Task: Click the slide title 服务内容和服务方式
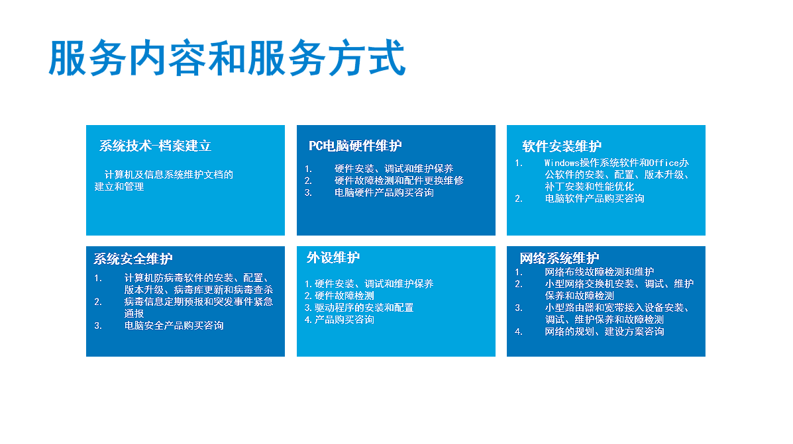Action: click(227, 58)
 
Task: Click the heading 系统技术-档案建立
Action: click(155, 146)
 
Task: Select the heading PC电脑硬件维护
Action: click(355, 146)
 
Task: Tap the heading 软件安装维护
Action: click(562, 146)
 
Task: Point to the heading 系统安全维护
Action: click(133, 259)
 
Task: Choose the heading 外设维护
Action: click(333, 257)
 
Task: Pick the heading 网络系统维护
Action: click(559, 258)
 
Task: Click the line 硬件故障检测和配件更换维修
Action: click(399, 181)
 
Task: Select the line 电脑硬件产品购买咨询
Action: click(384, 193)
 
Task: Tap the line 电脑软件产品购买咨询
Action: click(594, 199)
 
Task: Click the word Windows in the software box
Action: click(562, 163)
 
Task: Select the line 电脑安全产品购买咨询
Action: click(174, 326)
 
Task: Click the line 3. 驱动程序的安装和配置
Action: click(359, 308)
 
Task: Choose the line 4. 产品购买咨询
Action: click(339, 320)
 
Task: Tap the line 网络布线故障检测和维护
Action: click(600, 272)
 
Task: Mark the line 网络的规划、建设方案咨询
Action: click(604, 332)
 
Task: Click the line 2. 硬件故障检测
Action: click(339, 296)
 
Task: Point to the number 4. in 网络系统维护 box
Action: click(518, 332)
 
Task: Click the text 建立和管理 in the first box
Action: click(119, 187)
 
